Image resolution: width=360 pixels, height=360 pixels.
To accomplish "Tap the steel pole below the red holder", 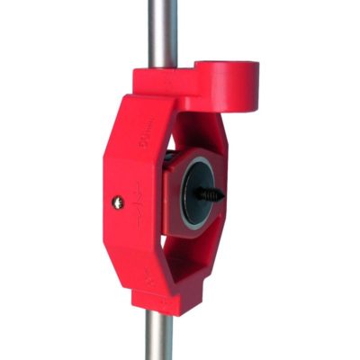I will (x=160, y=337).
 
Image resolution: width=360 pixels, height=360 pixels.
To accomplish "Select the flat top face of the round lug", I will (x=227, y=67).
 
